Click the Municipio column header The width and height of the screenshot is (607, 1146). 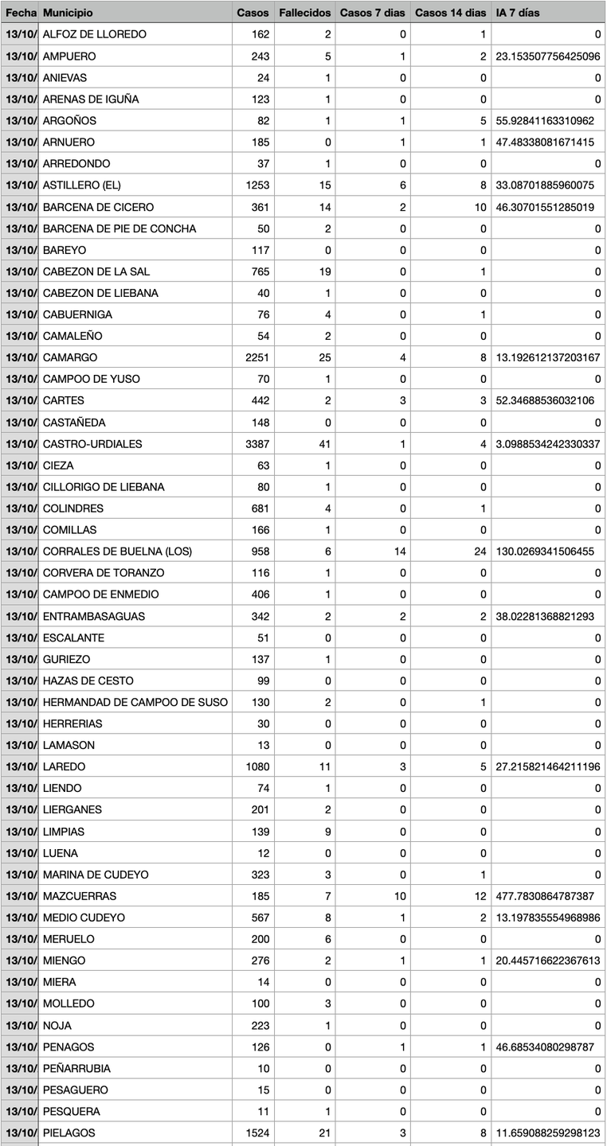68,13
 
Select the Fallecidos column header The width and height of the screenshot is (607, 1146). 304,13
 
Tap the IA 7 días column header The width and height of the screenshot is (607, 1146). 517,13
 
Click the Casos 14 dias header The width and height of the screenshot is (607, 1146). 450,13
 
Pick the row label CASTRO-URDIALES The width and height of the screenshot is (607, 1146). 92,443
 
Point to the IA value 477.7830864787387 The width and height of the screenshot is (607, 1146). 544,896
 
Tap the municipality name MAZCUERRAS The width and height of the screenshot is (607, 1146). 80,896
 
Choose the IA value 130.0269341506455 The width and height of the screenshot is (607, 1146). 544,552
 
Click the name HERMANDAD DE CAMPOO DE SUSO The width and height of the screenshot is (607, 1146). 135,702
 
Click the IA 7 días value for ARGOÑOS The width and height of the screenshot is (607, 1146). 544,121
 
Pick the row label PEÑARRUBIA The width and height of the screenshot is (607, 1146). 76,1068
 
